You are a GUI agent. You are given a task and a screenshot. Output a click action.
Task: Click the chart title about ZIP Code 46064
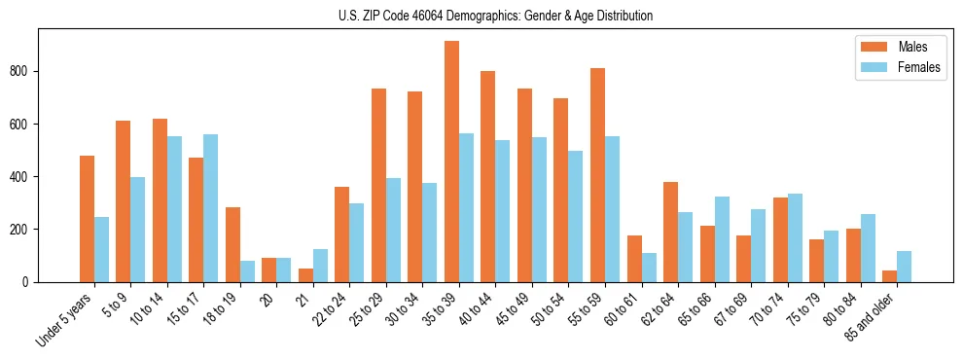point(481,16)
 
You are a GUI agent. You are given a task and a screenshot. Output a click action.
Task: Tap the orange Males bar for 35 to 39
point(451,162)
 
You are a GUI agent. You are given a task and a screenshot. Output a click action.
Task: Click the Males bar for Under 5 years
point(87,219)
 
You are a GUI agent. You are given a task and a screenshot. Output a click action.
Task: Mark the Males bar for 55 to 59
point(597,175)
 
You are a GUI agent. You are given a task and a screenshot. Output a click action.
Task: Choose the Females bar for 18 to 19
point(247,271)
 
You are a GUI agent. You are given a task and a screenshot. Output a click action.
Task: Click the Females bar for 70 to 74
point(795,238)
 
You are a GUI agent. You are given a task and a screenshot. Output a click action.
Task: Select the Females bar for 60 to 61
point(649,268)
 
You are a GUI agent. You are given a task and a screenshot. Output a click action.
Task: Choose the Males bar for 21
point(305,275)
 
